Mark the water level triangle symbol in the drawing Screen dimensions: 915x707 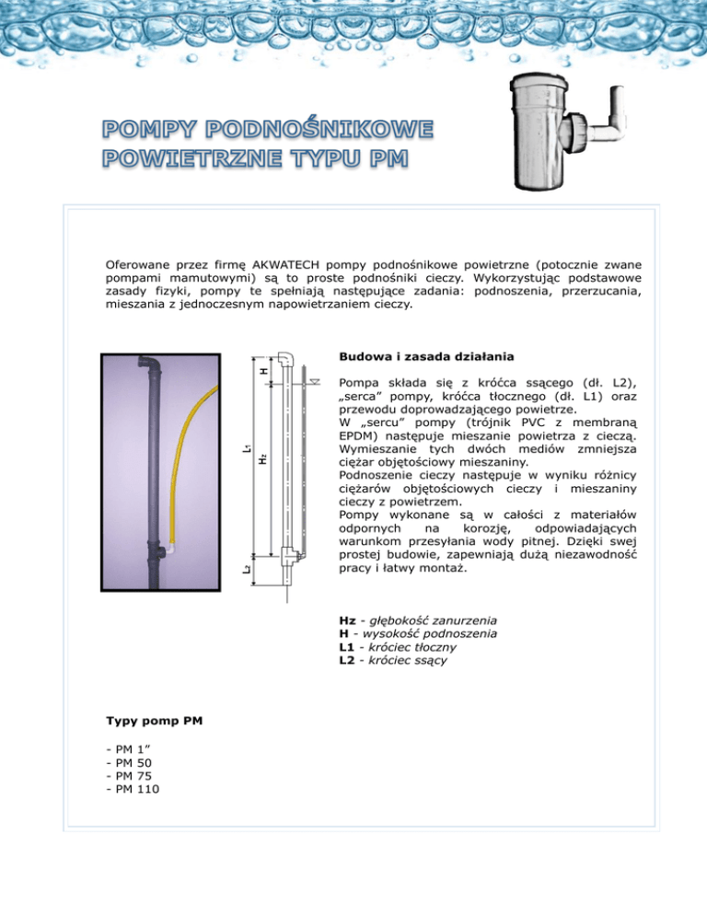(314, 378)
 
